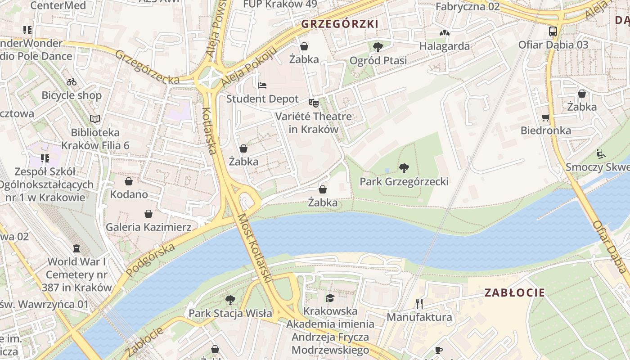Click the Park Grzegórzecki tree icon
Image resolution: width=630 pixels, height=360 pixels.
point(404,168)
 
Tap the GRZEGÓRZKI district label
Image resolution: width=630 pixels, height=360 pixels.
point(340,24)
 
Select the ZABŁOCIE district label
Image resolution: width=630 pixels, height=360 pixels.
point(515,292)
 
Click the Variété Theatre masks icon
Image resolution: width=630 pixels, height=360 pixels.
point(314,103)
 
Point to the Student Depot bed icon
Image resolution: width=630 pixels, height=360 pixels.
point(262,85)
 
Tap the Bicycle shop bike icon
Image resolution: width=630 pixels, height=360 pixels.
point(72,82)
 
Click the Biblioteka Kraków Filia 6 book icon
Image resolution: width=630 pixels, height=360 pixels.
point(95,119)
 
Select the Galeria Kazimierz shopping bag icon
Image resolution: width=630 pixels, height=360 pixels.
point(148,214)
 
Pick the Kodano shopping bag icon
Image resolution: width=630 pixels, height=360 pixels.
point(129,181)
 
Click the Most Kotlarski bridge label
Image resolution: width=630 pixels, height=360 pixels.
point(255,248)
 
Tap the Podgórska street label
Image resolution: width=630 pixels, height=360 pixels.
point(150,260)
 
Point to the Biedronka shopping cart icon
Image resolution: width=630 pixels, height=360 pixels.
point(546,117)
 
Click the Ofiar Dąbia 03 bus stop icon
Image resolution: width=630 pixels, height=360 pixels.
point(553,31)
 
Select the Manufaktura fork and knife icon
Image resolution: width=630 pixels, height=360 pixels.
point(419,304)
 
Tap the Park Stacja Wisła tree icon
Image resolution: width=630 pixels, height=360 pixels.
point(230,300)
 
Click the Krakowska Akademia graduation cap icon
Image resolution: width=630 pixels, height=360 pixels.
point(330,298)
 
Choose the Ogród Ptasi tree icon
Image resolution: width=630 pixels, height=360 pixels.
point(378,47)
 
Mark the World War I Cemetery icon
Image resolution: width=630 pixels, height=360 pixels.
point(76,248)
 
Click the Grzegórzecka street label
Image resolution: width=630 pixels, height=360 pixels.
point(147,67)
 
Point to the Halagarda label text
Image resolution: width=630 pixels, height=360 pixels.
point(444,46)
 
